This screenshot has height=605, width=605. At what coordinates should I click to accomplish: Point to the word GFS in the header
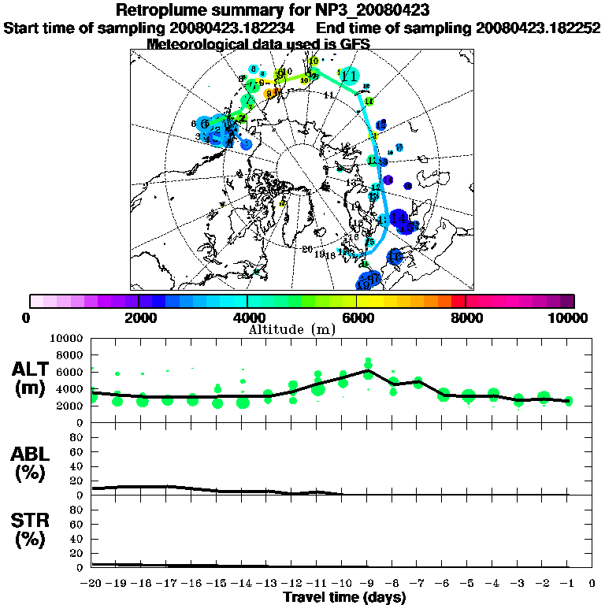[355, 44]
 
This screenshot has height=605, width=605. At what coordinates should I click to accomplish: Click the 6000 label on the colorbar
[356, 317]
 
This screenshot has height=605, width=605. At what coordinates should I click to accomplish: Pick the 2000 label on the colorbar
[138, 317]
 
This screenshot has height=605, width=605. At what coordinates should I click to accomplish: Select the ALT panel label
[32, 369]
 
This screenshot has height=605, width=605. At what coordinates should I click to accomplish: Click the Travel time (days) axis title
[344, 597]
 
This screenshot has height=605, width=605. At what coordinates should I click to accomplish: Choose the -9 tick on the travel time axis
[367, 583]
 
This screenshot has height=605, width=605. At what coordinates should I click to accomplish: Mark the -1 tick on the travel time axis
[567, 583]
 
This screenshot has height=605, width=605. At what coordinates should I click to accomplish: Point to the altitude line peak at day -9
[368, 370]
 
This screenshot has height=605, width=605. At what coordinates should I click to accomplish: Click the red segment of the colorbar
[458, 301]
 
